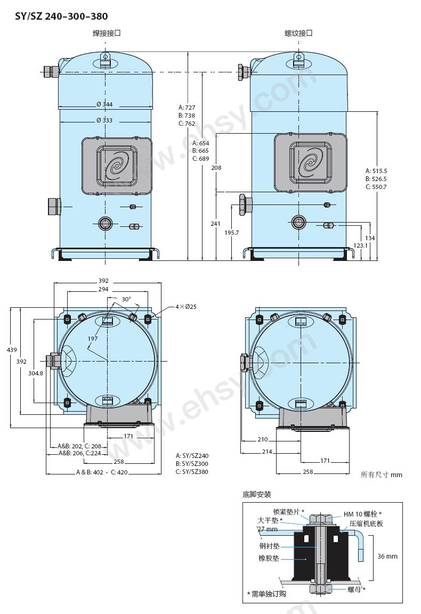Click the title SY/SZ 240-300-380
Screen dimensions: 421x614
pos(61,16)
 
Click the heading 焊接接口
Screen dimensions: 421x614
pos(106,34)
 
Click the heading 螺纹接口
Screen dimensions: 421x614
pos(298,34)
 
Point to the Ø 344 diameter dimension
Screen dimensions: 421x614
pos(104,104)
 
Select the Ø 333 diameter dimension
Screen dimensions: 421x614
pos(104,120)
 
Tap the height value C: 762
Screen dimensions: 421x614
pos(187,124)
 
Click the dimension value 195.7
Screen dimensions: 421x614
pos(232,233)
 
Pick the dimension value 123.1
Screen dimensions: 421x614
pos(361,245)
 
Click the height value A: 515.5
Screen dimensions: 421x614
pos(376,171)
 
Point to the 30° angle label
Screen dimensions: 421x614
pos(126,299)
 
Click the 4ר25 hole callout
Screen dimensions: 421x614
pos(186,307)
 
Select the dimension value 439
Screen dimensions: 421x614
pos(12,350)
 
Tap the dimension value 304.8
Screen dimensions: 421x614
pos(36,373)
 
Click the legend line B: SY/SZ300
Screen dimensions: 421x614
pos(192,464)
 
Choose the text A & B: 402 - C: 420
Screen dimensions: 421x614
pos(102,472)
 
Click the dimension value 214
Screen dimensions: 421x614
pos(267,452)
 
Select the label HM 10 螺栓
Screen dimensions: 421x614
pos(362,514)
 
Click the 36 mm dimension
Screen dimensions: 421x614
pos(387,556)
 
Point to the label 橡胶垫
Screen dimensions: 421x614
pos(269,558)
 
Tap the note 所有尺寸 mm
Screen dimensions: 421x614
pos(382,474)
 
